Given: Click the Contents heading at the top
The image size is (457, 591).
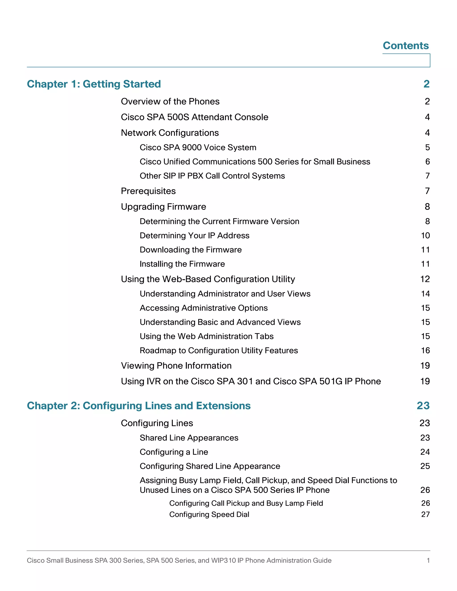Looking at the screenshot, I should click(x=405, y=45).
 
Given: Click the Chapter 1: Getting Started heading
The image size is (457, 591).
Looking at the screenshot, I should click(x=94, y=84).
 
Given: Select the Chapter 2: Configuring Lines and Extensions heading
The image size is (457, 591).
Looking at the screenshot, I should click(x=139, y=406).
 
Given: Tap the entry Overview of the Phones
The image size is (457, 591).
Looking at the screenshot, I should click(x=170, y=101).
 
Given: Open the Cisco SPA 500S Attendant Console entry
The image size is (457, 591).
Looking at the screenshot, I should click(x=194, y=117).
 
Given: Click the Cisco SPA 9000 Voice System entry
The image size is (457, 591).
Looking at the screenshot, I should click(x=198, y=147).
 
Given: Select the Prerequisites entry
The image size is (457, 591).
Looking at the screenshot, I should click(x=148, y=191).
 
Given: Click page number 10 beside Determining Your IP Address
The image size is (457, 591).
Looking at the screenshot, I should click(x=425, y=236).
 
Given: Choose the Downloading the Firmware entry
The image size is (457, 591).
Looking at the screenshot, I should click(x=191, y=250).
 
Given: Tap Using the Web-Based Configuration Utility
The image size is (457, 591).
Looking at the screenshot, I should click(x=208, y=279).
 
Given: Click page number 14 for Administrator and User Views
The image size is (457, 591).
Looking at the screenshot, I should click(x=425, y=294).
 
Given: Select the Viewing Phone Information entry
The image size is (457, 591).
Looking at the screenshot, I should click(x=176, y=366).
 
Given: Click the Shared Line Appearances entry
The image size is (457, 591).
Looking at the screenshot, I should click(x=189, y=438).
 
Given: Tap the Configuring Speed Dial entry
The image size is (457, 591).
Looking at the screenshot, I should click(x=209, y=515).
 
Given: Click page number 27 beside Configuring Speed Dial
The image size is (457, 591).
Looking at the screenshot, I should click(x=425, y=515).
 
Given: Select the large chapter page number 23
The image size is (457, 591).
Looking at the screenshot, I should click(x=423, y=406).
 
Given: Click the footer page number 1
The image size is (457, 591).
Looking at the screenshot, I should click(x=428, y=560).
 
